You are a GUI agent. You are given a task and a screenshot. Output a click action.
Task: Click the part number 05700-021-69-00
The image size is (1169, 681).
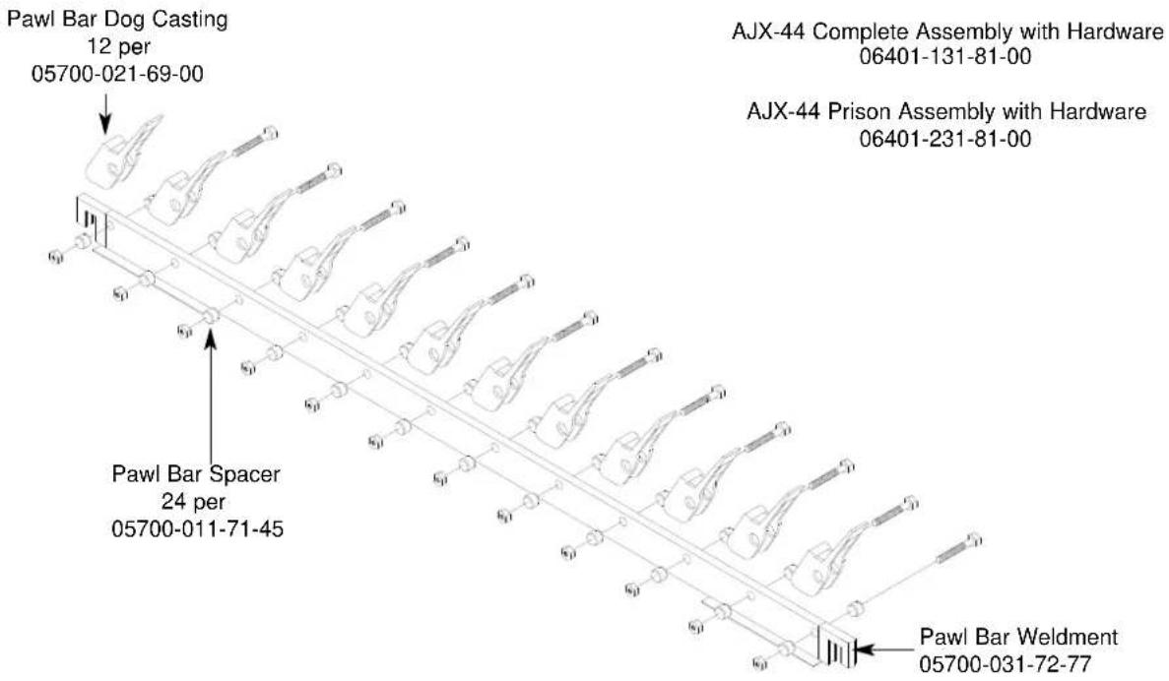[117, 74]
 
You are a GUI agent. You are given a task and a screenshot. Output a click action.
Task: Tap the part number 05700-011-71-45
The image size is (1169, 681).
[198, 529]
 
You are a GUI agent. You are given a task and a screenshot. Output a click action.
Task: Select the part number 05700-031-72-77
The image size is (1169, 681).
[1005, 664]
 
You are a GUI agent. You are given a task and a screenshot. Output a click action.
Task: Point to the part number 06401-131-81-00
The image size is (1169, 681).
[945, 57]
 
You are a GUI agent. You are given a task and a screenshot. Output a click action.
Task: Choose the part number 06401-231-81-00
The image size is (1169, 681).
[945, 139]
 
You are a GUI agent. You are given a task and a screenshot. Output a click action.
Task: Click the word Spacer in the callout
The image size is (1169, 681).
[244, 474]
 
